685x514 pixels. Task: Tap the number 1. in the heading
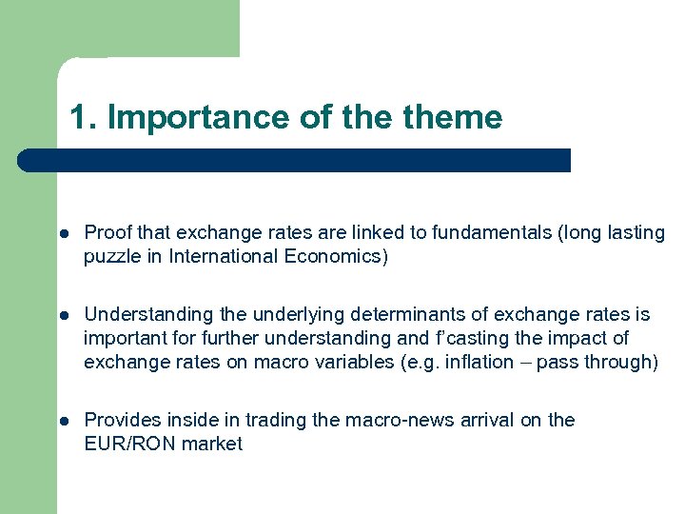84,117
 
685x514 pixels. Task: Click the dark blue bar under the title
295,160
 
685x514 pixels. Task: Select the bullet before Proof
62,233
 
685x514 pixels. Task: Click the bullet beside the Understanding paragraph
62,315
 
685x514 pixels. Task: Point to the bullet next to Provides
62,421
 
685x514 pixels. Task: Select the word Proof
108,233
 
